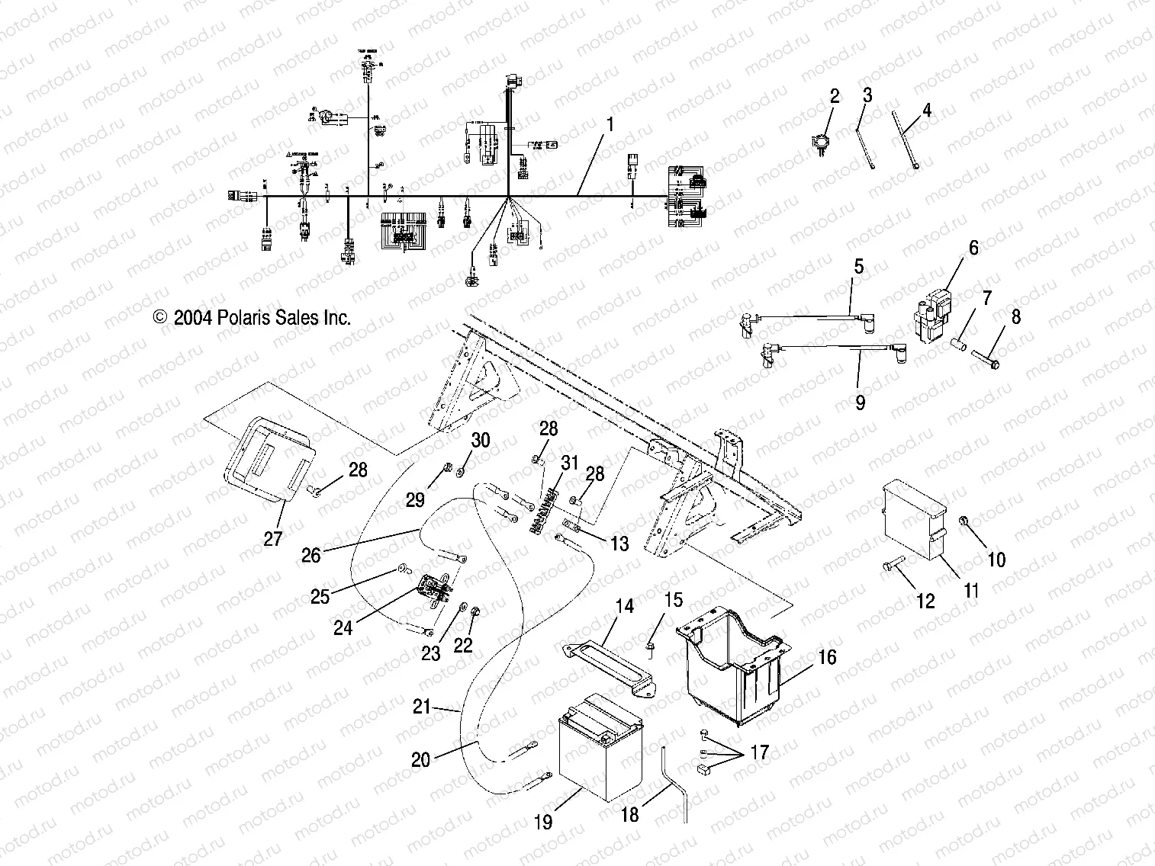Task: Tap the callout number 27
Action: click(272, 539)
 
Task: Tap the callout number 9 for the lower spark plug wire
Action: click(860, 402)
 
